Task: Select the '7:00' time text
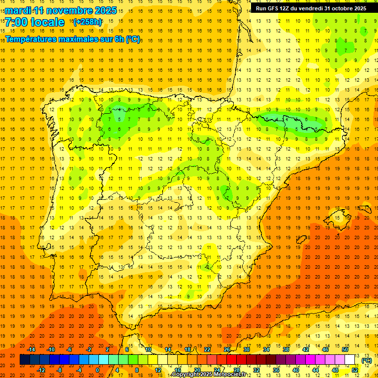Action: point(16,22)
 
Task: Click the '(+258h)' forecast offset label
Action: point(87,22)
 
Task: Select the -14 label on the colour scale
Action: point(32,349)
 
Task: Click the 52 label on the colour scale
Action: point(355,370)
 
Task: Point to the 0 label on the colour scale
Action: point(97,370)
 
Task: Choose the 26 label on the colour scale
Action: point(227,349)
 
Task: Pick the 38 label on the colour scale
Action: point(285,349)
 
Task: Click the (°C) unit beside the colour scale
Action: point(367,360)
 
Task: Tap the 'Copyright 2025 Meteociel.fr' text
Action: point(209,375)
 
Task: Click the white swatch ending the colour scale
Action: point(349,360)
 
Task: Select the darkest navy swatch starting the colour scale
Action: point(25,360)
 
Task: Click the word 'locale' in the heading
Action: point(48,22)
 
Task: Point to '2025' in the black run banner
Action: point(360,8)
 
